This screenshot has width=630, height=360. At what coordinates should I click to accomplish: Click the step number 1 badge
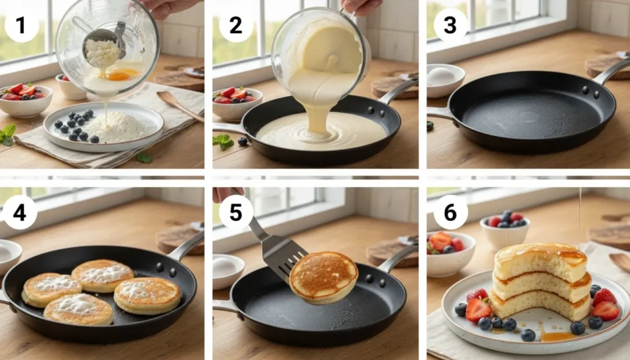point(22,25)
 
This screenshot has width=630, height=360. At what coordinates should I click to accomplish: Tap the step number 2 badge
point(236,25)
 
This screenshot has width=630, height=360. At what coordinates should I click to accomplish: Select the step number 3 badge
point(450,25)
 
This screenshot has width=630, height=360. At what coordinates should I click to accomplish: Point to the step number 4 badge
point(20,212)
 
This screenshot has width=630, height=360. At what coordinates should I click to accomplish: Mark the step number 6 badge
point(450,212)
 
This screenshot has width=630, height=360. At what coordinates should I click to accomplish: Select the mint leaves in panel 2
point(223,141)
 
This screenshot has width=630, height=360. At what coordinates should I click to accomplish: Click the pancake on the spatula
point(324,277)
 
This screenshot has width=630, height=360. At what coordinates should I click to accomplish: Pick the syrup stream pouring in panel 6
point(580,218)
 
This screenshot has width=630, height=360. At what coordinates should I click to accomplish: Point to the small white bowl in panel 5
point(228,270)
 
